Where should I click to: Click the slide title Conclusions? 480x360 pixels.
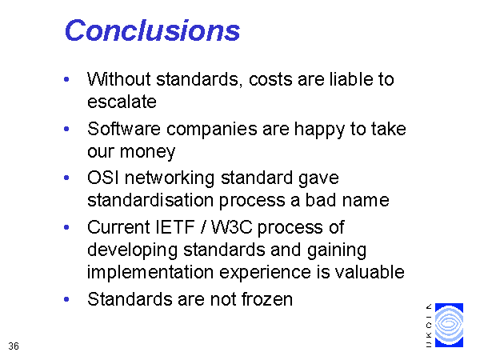(x=152, y=30)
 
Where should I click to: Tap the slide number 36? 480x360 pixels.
(x=14, y=346)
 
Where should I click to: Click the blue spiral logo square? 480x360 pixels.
(x=449, y=325)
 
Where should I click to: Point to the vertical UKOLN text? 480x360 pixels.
(x=429, y=326)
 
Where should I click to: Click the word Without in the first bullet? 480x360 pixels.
(x=119, y=79)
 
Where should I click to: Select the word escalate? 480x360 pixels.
(x=122, y=102)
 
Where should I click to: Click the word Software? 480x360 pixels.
(x=124, y=129)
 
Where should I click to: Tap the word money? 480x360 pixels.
(x=147, y=152)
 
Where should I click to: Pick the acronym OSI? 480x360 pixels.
(x=103, y=178)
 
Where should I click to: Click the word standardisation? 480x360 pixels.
(x=150, y=200)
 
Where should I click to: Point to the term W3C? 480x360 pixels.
(x=232, y=227)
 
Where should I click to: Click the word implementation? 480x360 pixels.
(x=150, y=273)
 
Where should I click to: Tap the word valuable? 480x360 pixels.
(x=370, y=272)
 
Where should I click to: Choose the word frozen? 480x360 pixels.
(x=267, y=299)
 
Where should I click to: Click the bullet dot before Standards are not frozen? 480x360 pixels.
(x=66, y=299)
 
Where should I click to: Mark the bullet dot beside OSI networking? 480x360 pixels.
(x=66, y=178)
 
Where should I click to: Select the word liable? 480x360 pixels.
(x=351, y=79)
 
